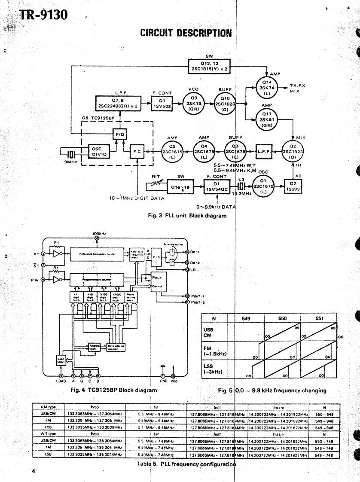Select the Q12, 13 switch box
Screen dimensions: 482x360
pyautogui.click(x=209, y=66)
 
